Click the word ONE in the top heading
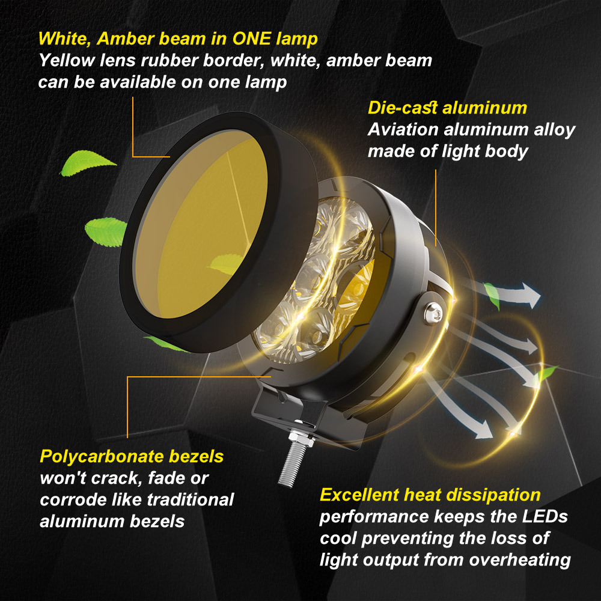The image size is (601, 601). click(x=251, y=38)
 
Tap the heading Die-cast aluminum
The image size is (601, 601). click(x=447, y=108)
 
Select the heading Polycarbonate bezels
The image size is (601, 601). click(x=132, y=457)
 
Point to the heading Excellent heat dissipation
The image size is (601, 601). click(x=430, y=495)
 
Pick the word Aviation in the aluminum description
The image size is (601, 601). click(x=403, y=130)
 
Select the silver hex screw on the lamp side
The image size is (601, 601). click(x=433, y=313)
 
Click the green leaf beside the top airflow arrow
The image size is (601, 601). click(x=492, y=294)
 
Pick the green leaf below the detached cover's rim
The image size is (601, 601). click(x=166, y=344)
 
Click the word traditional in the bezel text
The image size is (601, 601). click(x=191, y=500)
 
